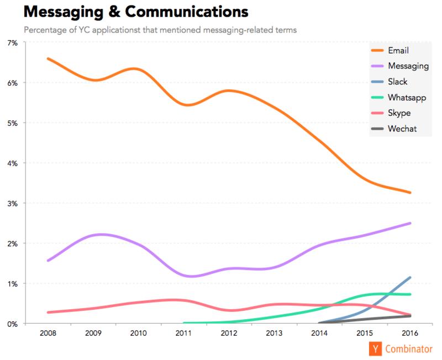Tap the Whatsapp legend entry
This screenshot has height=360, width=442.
point(398,98)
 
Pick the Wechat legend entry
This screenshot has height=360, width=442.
point(393,129)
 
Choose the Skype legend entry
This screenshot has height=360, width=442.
point(391,113)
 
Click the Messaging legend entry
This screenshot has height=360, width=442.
point(399,66)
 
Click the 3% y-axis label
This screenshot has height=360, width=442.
point(12,203)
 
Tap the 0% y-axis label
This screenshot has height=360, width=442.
point(12,324)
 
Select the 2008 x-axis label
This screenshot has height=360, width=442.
point(48,333)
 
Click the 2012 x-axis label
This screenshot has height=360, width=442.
point(229,333)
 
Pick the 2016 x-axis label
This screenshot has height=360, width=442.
point(410,333)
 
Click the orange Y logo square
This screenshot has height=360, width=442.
point(375,349)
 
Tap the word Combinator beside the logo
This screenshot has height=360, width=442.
point(409,349)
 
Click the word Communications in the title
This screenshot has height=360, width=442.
point(187,12)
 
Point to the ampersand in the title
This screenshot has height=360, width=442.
point(114,12)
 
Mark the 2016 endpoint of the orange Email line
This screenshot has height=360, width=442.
point(410,193)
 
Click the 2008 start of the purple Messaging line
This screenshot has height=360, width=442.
point(48,261)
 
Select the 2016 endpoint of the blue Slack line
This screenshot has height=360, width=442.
point(410,278)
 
